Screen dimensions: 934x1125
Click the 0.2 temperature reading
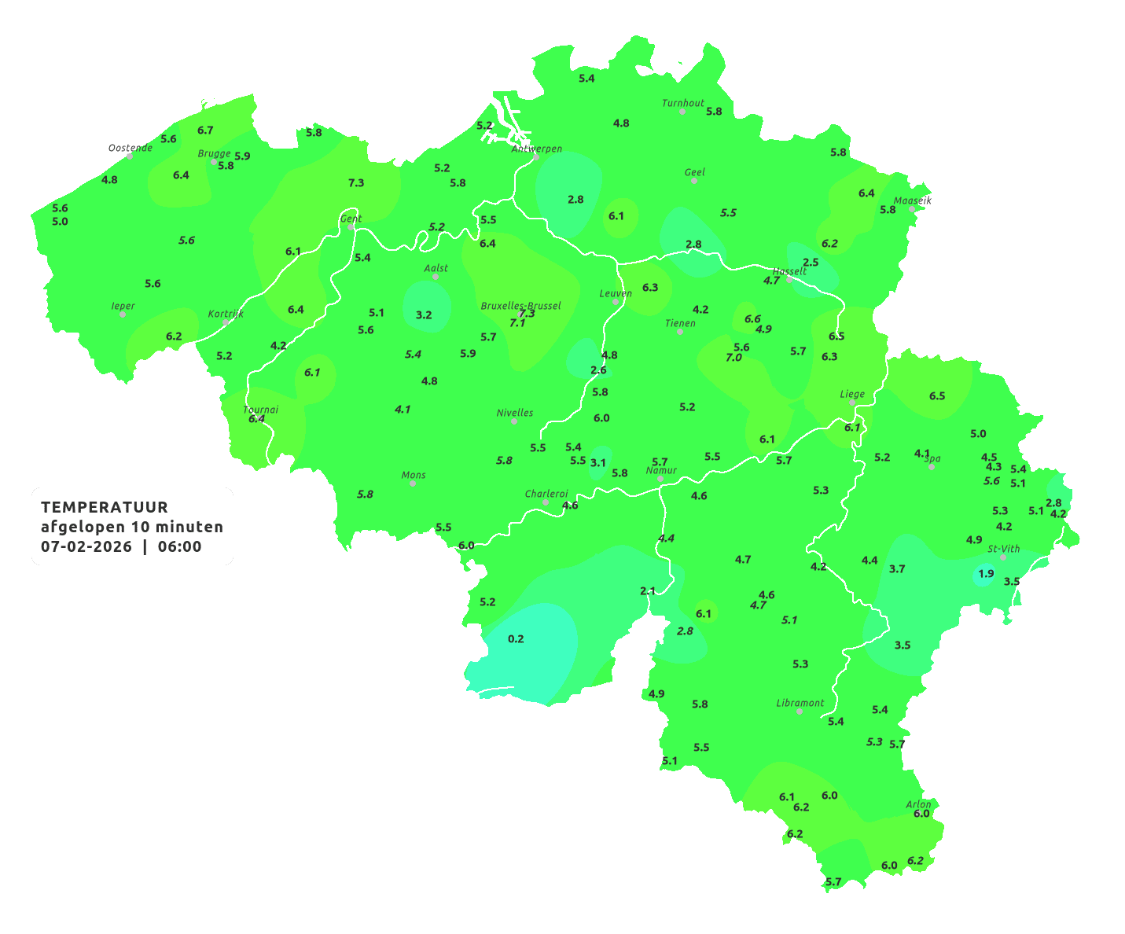tap(516, 639)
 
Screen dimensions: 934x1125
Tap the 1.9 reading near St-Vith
tap(986, 574)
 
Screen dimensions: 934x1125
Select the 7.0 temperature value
tap(733, 358)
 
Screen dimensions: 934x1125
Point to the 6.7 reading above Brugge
tap(205, 131)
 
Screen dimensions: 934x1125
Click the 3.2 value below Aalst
tap(424, 315)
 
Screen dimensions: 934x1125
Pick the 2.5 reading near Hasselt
tap(811, 263)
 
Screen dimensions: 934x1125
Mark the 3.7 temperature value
tap(897, 569)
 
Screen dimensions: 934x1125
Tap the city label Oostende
tap(131, 148)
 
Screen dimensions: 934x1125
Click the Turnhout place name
tap(683, 103)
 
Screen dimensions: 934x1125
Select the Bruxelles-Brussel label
tap(520, 305)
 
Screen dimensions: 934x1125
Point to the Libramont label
tap(800, 703)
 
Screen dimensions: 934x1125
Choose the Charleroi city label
tap(546, 494)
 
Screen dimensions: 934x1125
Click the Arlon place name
tap(918, 804)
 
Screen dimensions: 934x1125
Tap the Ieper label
tap(123, 306)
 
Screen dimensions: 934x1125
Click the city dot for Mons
tap(413, 484)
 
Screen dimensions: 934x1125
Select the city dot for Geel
tap(694, 181)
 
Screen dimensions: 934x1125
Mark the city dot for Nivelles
tap(514, 421)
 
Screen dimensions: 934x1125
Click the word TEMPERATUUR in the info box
tap(105, 507)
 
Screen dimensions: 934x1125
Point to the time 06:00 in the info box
tap(179, 547)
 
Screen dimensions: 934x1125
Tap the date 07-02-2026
tap(86, 547)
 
